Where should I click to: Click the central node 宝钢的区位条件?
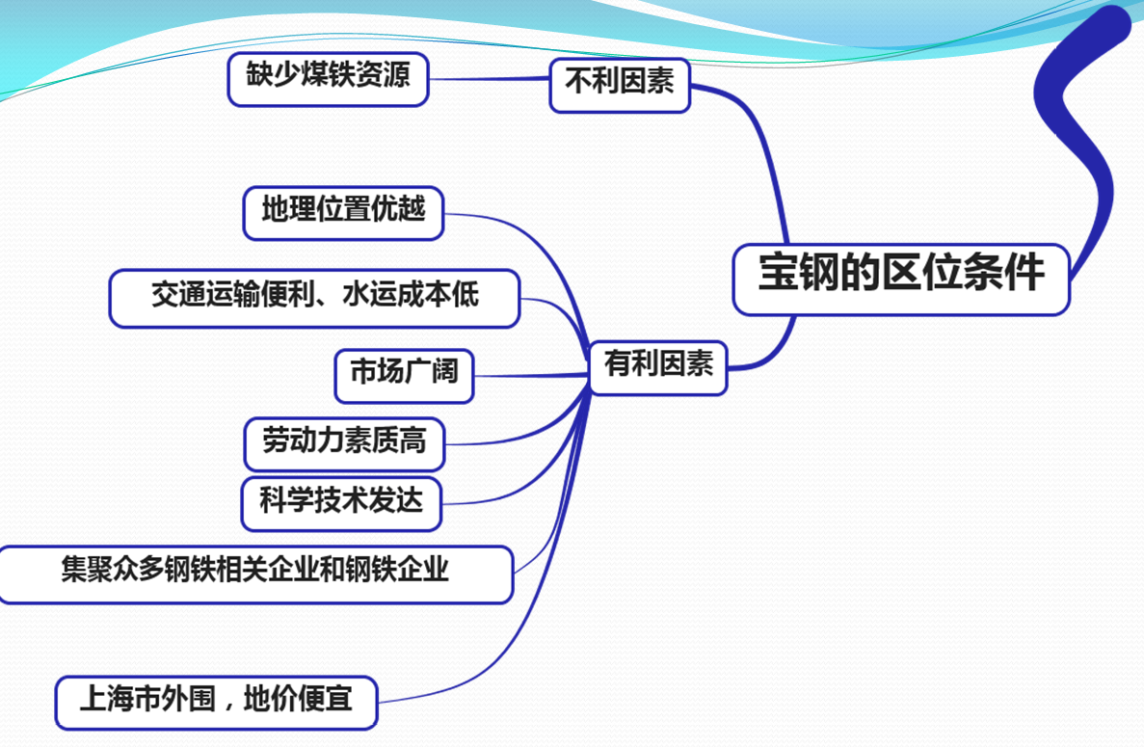(x=901, y=280)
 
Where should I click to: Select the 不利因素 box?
(x=620, y=86)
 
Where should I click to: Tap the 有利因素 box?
(x=658, y=367)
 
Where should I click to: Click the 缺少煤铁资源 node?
(x=329, y=79)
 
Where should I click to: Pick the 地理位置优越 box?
(x=344, y=213)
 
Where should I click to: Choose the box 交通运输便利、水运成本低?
(x=314, y=299)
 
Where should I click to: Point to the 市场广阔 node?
(x=404, y=376)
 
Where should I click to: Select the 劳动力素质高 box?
(x=344, y=444)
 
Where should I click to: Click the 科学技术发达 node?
(x=341, y=504)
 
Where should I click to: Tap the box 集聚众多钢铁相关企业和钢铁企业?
(x=255, y=574)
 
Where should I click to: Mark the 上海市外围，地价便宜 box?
(x=216, y=704)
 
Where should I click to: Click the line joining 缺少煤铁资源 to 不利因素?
(x=489, y=79)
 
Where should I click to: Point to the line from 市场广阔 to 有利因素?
(x=532, y=376)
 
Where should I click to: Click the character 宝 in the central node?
(x=778, y=273)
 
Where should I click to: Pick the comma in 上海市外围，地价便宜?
(x=229, y=706)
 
